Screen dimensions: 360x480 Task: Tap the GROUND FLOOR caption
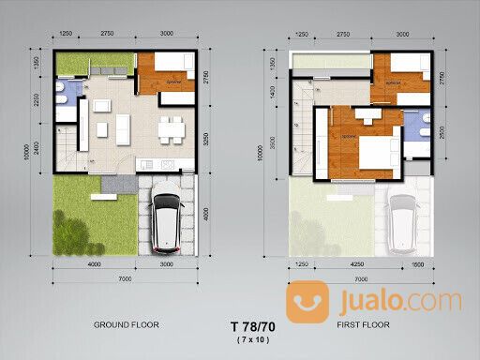click(x=125, y=324)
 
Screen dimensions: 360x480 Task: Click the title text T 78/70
click(x=247, y=326)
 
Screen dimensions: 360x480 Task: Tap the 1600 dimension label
click(x=417, y=266)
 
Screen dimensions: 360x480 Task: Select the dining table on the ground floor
click(x=169, y=130)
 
